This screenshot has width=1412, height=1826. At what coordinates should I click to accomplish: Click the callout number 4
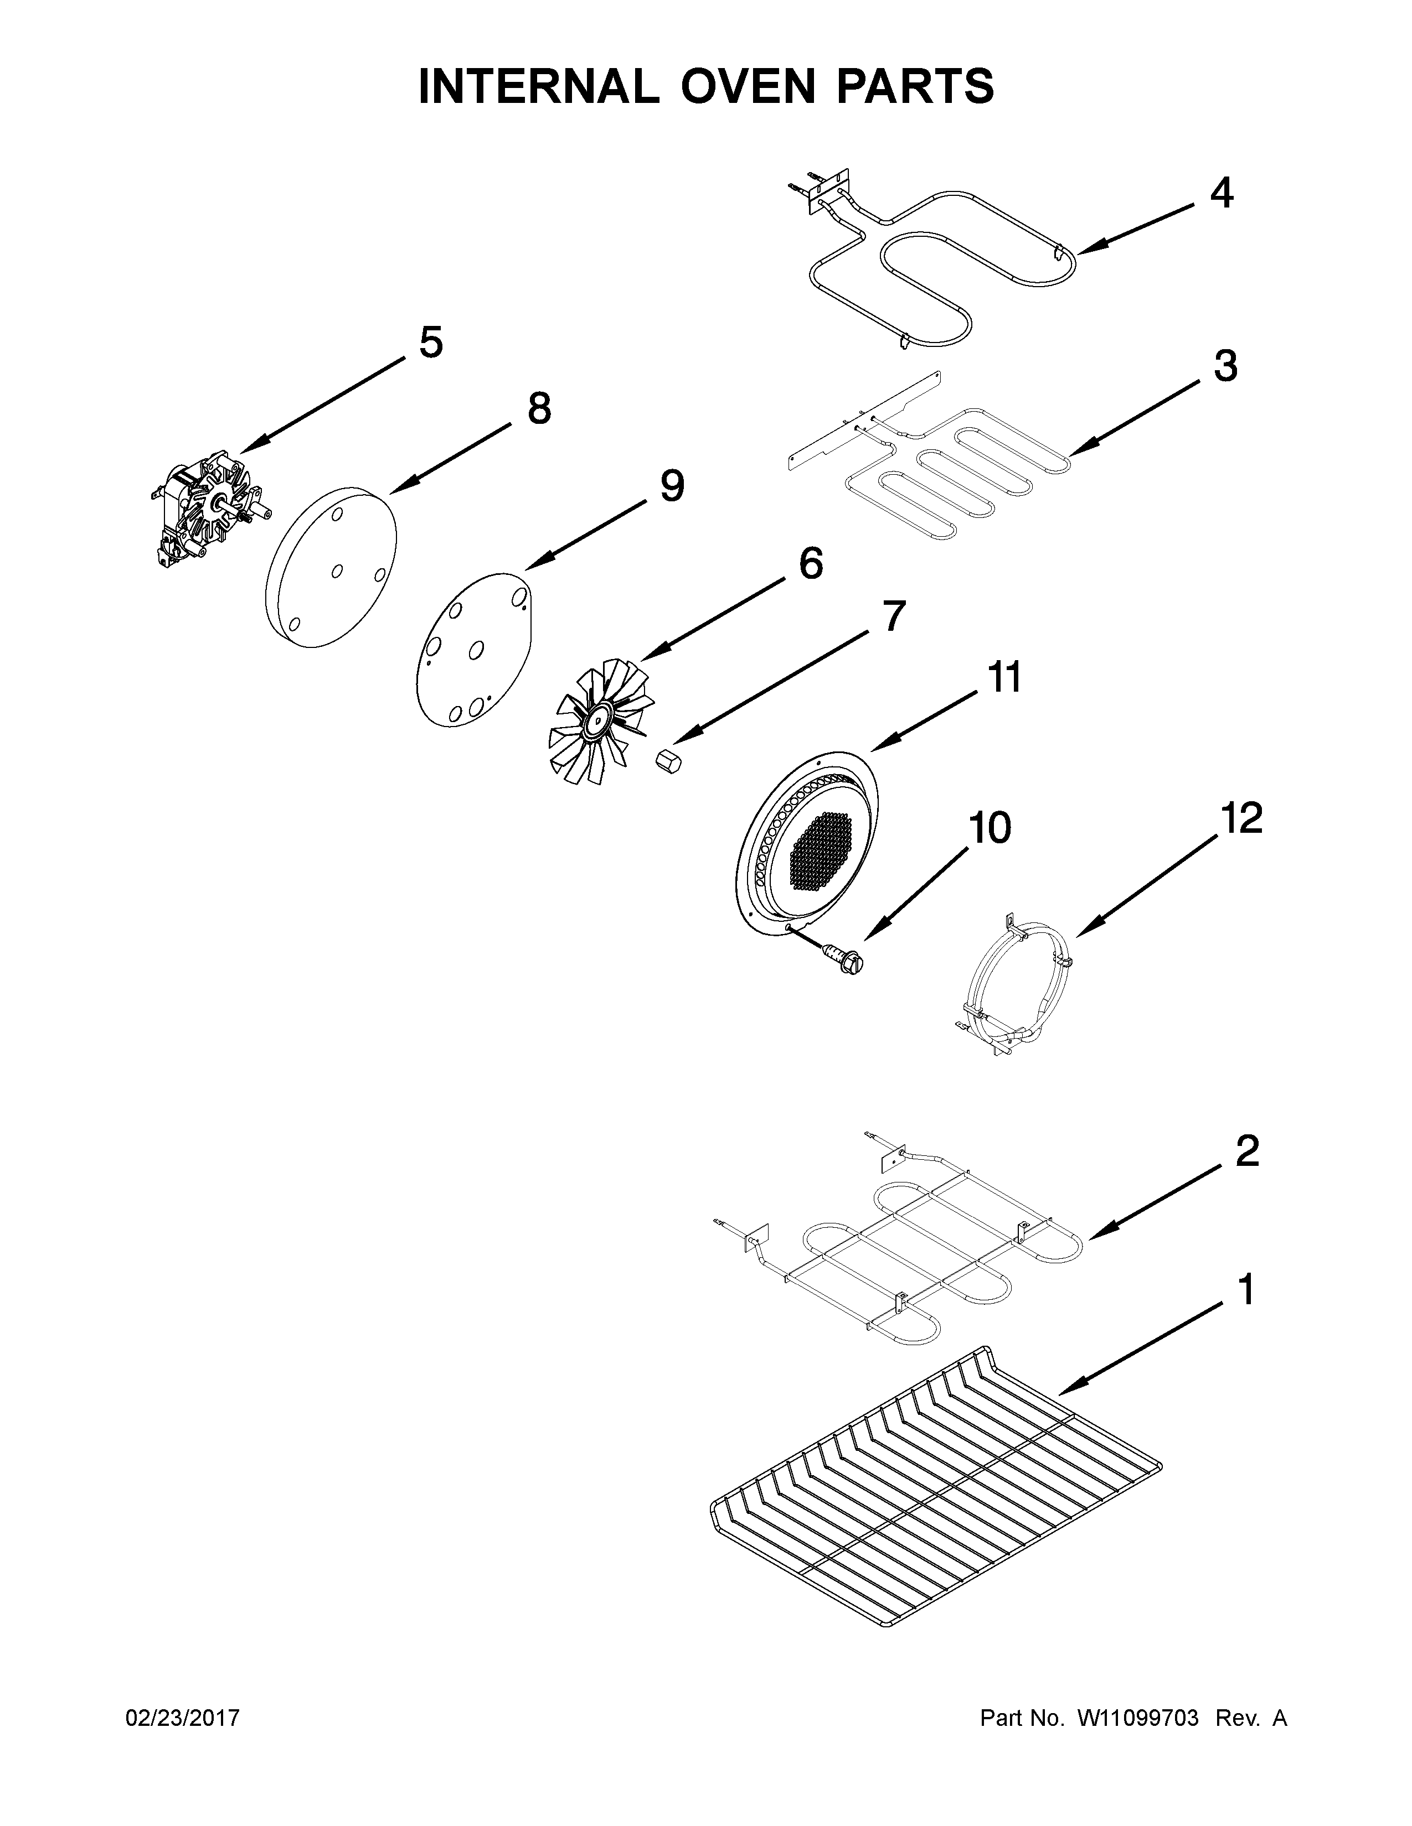tap(1222, 194)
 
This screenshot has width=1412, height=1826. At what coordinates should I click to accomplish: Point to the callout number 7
tap(893, 617)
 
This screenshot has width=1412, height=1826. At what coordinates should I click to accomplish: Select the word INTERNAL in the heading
tap(538, 86)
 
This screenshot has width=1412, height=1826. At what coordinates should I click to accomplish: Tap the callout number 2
tap(1246, 1152)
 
